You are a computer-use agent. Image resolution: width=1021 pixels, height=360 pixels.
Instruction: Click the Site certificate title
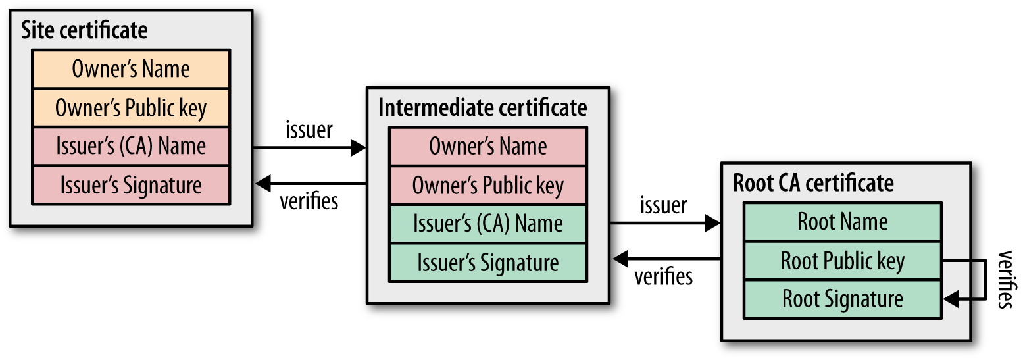(84, 30)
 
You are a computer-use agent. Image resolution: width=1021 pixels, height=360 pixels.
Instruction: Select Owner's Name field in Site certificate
(131, 69)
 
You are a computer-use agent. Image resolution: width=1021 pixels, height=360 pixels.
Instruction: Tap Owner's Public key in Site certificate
(131, 108)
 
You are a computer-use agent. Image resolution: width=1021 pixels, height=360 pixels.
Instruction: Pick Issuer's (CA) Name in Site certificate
(131, 146)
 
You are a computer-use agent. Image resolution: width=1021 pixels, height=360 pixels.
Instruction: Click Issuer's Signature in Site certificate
(131, 185)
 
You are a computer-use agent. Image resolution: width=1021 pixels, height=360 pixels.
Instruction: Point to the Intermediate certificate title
(482, 107)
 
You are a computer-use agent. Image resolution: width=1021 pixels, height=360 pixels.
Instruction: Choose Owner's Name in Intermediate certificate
(487, 146)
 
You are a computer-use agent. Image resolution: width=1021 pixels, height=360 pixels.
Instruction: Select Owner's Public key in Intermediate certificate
(487, 186)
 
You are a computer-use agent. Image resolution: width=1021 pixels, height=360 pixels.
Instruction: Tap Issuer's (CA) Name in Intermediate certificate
(487, 224)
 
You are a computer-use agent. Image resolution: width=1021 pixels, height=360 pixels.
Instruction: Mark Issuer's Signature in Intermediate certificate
(487, 263)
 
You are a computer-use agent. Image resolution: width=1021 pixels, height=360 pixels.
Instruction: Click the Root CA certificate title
(813, 182)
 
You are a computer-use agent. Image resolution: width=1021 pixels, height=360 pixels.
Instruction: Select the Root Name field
(843, 222)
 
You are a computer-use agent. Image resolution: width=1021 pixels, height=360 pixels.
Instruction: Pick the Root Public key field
(843, 261)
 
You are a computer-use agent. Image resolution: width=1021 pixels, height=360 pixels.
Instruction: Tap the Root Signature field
(843, 299)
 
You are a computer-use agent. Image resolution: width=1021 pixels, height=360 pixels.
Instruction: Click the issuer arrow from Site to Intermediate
(309, 148)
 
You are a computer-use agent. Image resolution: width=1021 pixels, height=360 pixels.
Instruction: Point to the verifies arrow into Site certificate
(309, 183)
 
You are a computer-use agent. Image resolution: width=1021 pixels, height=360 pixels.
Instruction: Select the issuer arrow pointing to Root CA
(664, 224)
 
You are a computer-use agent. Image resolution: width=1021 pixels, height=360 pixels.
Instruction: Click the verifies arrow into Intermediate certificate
(664, 259)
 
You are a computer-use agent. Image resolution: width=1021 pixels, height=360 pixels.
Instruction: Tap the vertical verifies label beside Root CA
(1004, 280)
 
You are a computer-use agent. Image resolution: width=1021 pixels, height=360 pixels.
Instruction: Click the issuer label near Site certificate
(309, 130)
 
